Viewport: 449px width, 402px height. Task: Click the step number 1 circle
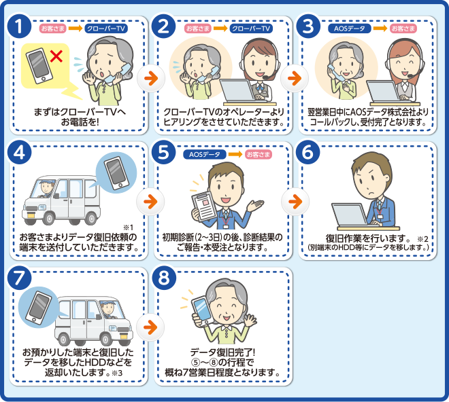pyautogui.click(x=20, y=26)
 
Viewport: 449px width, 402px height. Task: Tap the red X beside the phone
pyautogui.click(x=56, y=56)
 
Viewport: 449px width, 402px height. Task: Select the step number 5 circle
pyautogui.click(x=164, y=152)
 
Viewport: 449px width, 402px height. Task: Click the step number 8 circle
pyautogui.click(x=164, y=278)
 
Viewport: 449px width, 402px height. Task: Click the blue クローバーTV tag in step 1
pyautogui.click(x=106, y=29)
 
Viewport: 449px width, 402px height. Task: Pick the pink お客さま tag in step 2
pyautogui.click(x=198, y=29)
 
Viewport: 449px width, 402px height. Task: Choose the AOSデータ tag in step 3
pyautogui.click(x=350, y=29)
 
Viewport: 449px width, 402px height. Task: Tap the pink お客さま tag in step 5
pyautogui.click(x=259, y=154)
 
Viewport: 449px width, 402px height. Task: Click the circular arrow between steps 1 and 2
pyautogui.click(x=151, y=78)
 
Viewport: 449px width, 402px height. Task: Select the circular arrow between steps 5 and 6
pyautogui.click(x=295, y=202)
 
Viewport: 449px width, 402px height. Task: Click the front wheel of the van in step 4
pyautogui.click(x=48, y=219)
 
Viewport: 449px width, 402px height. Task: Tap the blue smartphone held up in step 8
pyautogui.click(x=201, y=311)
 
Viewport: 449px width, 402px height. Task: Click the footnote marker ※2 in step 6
pyautogui.click(x=422, y=239)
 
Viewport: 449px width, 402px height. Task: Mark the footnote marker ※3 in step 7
pyautogui.click(x=117, y=373)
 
